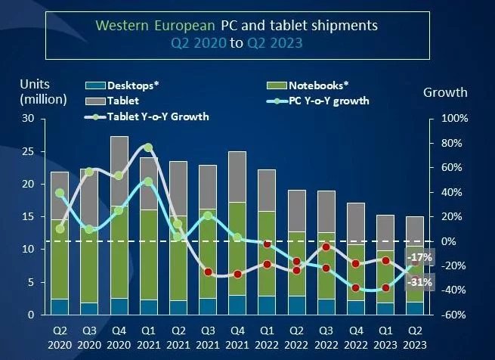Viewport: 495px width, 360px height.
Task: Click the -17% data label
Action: tap(421, 257)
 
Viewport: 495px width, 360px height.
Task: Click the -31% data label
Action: tap(421, 282)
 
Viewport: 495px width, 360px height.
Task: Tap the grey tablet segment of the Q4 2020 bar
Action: tap(119, 170)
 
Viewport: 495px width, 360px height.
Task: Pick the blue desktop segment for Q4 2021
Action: tap(237, 305)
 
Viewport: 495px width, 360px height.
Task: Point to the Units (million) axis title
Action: tap(44, 91)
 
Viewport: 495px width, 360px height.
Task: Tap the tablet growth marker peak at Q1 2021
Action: tap(148, 147)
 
